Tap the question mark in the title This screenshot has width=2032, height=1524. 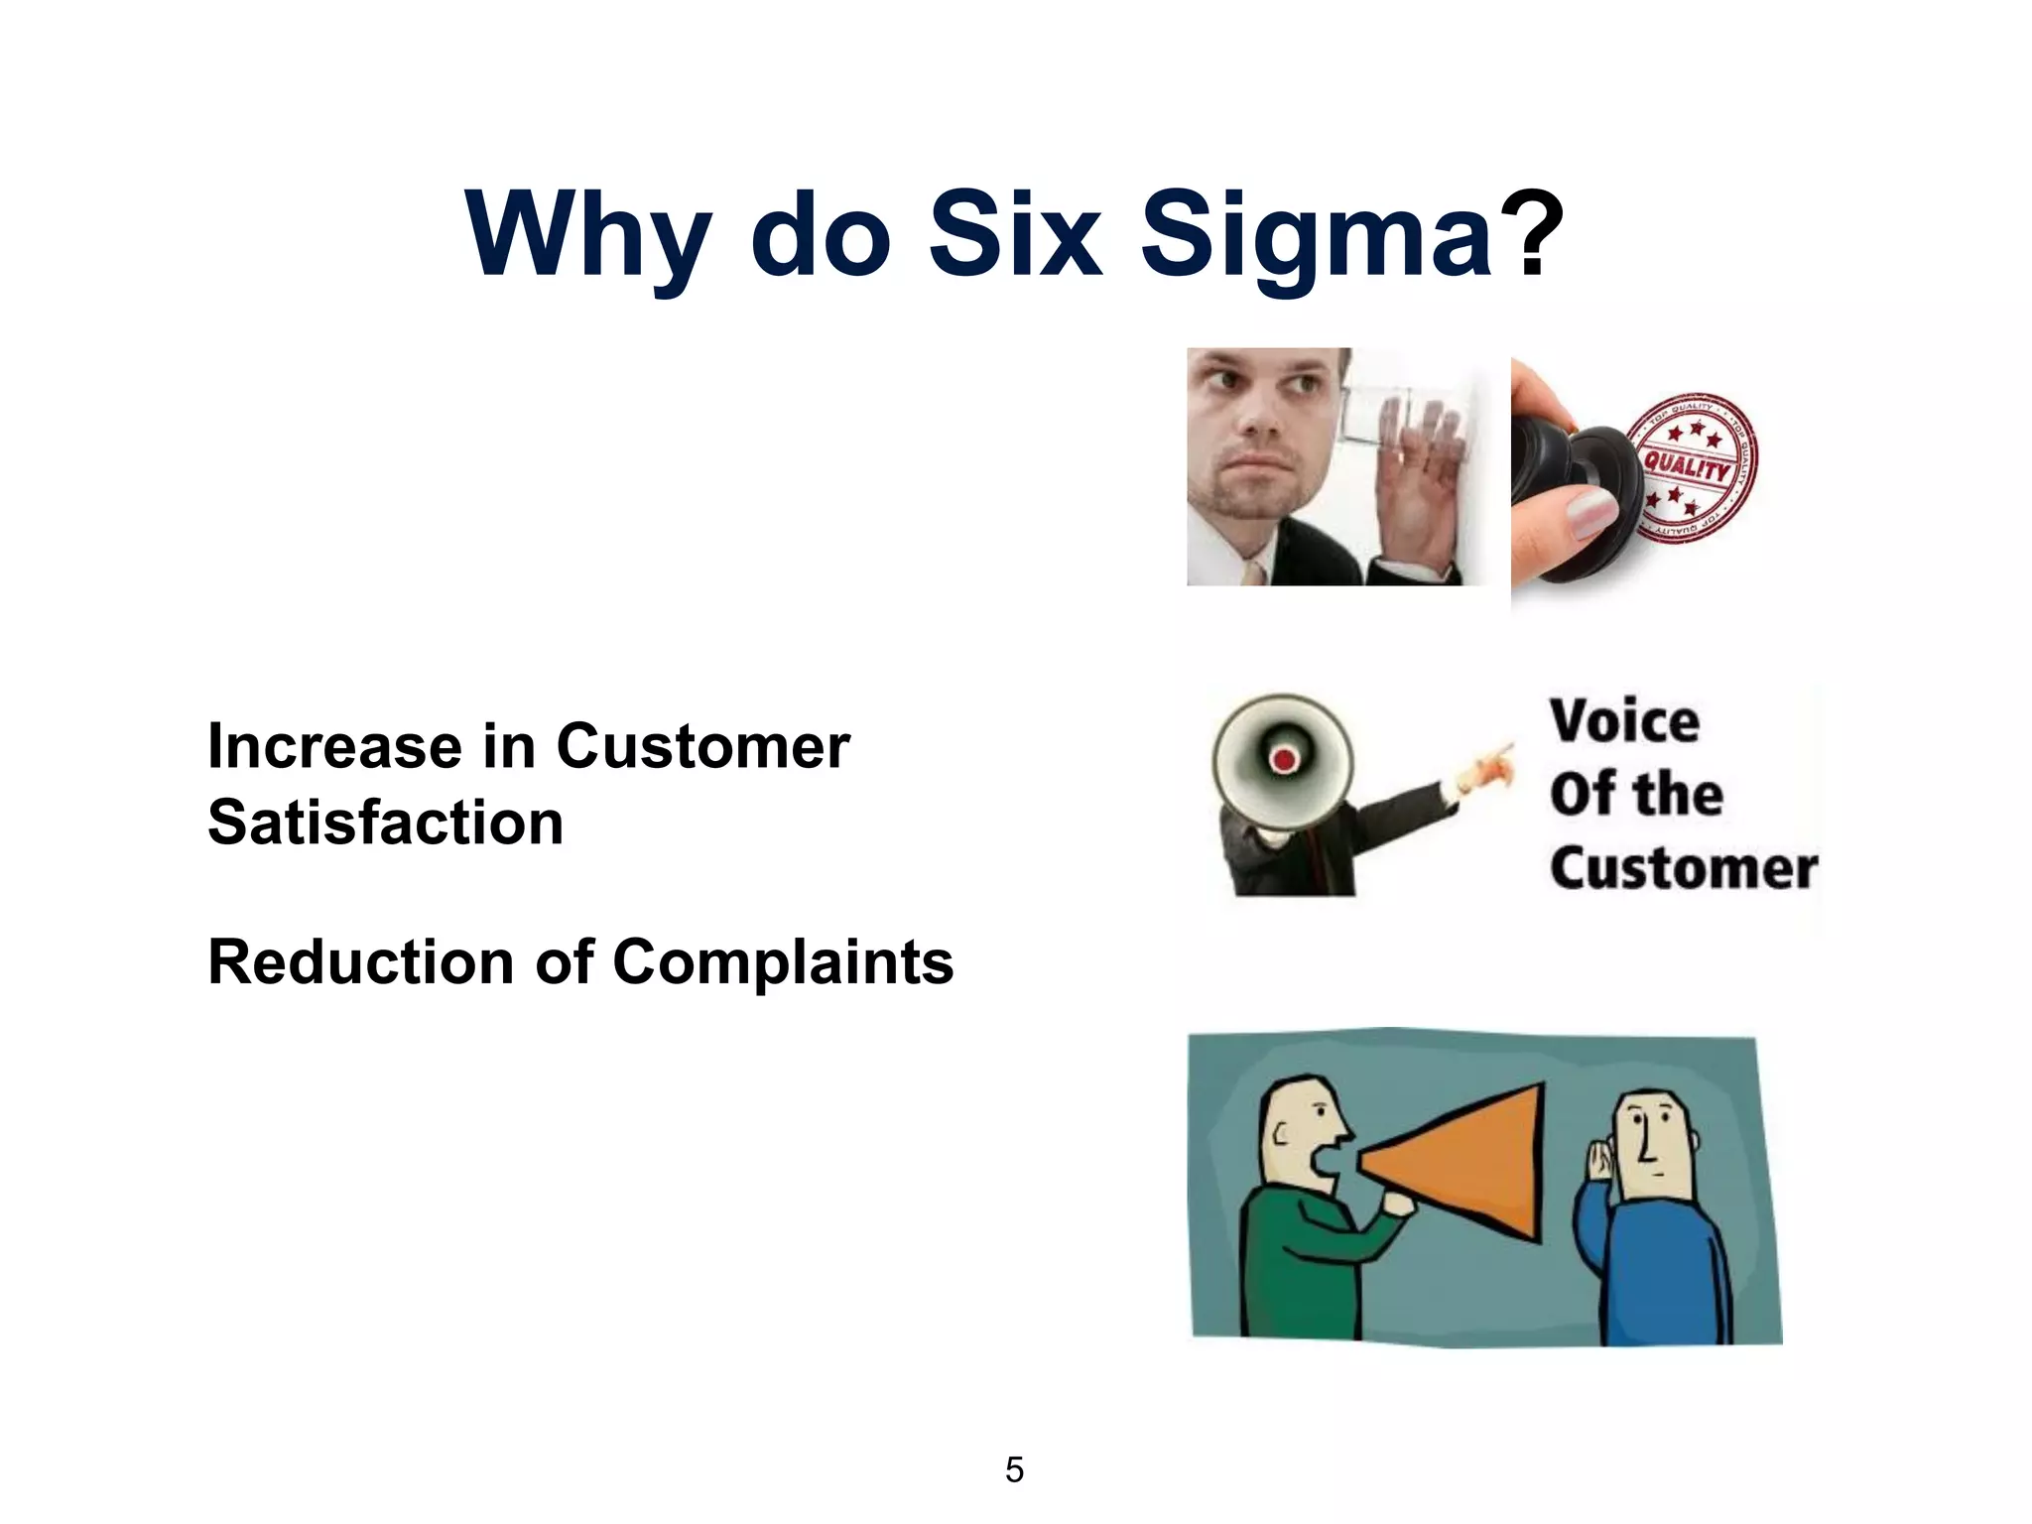click(1531, 234)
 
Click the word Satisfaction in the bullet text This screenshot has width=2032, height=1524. click(386, 823)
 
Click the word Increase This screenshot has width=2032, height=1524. click(334, 746)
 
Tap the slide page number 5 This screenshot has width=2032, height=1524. click(1014, 1469)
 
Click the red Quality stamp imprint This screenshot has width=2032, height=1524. click(1693, 467)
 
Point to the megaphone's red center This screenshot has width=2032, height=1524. click(1284, 760)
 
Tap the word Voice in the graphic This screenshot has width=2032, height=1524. click(1624, 721)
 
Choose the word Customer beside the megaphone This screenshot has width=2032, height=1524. click(1684, 868)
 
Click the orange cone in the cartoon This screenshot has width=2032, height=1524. click(1468, 1161)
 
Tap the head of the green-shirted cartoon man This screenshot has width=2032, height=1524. click(1300, 1131)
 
